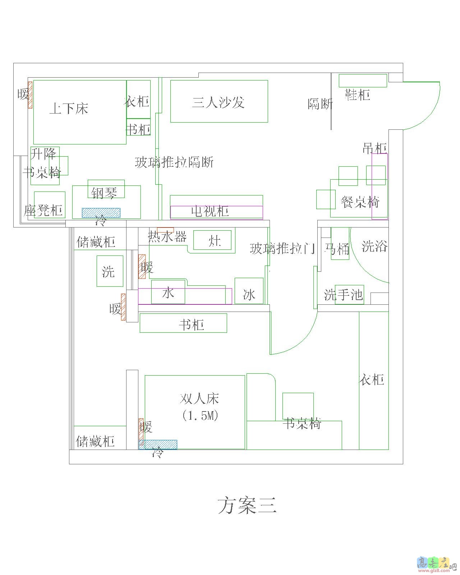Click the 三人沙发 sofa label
(x=218, y=102)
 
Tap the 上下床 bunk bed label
(x=69, y=108)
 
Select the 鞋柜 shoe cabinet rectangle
(x=363, y=80)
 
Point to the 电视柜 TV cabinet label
(x=210, y=211)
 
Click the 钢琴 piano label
(x=104, y=193)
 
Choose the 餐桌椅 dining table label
(x=360, y=202)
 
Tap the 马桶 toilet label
(x=337, y=249)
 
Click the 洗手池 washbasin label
(x=344, y=295)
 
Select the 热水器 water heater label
(x=167, y=237)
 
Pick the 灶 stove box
(x=212, y=240)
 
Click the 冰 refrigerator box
(x=249, y=291)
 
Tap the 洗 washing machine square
(x=110, y=271)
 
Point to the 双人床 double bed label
(x=199, y=399)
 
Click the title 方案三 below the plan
(x=247, y=505)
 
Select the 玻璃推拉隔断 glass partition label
(x=174, y=162)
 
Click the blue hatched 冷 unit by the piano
(x=101, y=213)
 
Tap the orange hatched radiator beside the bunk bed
(x=30, y=95)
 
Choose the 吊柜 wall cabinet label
(x=374, y=148)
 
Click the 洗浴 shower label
(x=374, y=246)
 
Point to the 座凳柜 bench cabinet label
(x=43, y=210)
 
